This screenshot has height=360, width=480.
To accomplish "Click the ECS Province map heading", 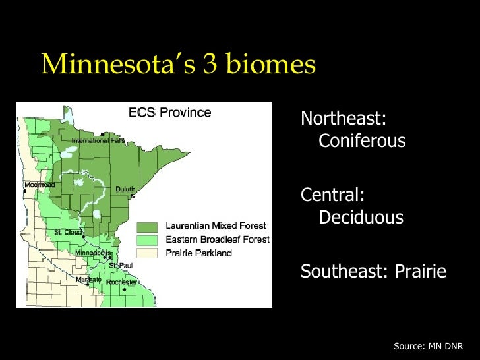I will coord(169,112).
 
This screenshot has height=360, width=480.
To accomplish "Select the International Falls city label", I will coord(98,140).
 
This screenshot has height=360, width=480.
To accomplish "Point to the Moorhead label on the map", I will coord(40,185).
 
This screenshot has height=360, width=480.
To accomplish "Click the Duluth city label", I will coord(125,189).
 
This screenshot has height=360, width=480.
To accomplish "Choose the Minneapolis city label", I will coord(93,253).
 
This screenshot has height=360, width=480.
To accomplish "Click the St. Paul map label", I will coord(121,265).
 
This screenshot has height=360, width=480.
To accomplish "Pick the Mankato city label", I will coord(88,280).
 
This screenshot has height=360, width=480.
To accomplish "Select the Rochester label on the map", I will coord(123,282).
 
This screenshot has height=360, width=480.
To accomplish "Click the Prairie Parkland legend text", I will coord(198,253).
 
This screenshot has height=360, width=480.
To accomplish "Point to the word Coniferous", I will coord(362,141).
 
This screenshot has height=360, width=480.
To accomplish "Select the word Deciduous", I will coord(361,217).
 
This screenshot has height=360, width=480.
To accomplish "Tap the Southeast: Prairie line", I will coord(373,271).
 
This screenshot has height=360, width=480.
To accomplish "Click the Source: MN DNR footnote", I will coord(428,345).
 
